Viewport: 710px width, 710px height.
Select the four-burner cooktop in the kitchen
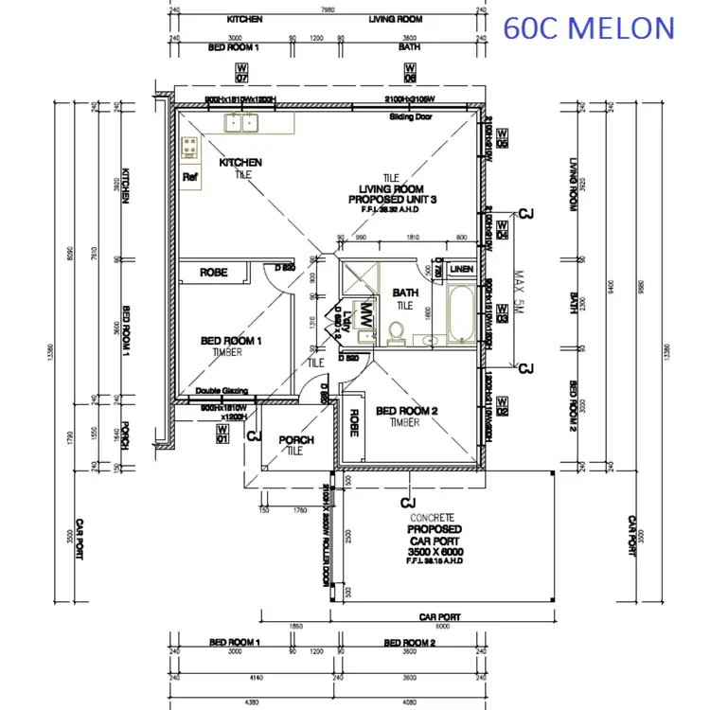point(190,147)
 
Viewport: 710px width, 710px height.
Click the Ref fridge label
point(189,176)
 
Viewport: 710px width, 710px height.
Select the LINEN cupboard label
point(461,269)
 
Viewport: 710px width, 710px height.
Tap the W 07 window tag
point(240,73)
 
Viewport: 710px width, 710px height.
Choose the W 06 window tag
point(410,73)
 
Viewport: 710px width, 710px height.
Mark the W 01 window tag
point(223,433)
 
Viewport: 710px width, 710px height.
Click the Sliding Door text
point(410,118)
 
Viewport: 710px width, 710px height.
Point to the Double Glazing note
point(221,390)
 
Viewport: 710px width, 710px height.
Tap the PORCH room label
point(295,440)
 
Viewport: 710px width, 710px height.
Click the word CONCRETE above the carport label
point(430,519)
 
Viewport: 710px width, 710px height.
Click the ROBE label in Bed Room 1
point(213,273)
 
